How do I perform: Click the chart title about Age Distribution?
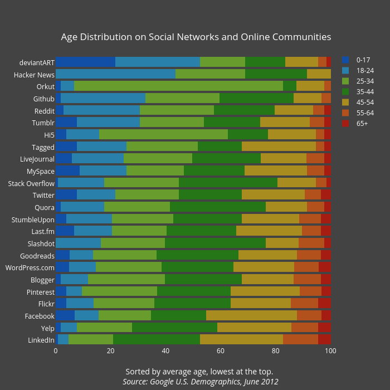click(196, 37)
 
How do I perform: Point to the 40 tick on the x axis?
click(165, 350)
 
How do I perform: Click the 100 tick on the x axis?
click(330, 350)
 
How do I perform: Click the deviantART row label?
click(37, 62)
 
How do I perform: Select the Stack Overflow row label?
click(31, 183)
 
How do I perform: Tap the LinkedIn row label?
click(41, 340)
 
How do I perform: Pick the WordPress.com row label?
click(30, 267)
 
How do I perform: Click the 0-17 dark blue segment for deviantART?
click(85, 62)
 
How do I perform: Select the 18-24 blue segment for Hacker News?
click(115, 74)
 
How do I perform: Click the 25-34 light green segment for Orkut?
click(178, 86)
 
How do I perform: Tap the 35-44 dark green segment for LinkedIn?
click(157, 340)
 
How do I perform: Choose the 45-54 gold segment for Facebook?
click(251, 316)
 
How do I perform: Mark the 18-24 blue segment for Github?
click(103, 98)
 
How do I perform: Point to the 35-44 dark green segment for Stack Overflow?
click(228, 183)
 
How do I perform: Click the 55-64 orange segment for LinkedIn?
click(300, 340)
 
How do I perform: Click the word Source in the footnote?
click(136, 382)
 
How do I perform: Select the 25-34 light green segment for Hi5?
click(163, 134)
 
